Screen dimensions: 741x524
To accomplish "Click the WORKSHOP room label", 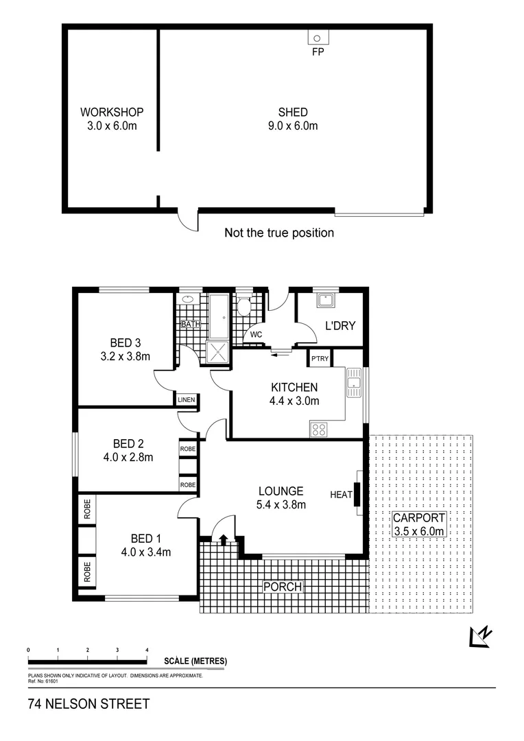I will tap(112, 112).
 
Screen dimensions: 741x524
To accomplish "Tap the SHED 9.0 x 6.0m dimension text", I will tap(293, 126).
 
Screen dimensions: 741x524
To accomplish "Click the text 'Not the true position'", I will tap(279, 233).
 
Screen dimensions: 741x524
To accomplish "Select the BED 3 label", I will tap(126, 343).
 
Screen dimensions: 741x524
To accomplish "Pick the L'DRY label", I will tap(340, 325).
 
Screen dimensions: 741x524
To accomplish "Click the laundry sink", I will tap(324, 301).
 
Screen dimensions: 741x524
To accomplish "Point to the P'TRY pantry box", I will tap(320, 359).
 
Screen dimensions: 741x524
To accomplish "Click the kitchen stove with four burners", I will tap(320, 430).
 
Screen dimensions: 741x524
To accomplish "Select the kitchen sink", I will tap(354, 382).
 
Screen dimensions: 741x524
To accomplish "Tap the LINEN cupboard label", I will tap(187, 400).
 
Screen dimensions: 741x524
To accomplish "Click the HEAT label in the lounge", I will tap(341, 495).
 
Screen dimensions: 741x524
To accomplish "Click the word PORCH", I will tap(283, 587).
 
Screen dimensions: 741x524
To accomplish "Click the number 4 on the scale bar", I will tap(147, 649).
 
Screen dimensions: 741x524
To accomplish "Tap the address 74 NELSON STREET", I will tap(88, 705).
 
